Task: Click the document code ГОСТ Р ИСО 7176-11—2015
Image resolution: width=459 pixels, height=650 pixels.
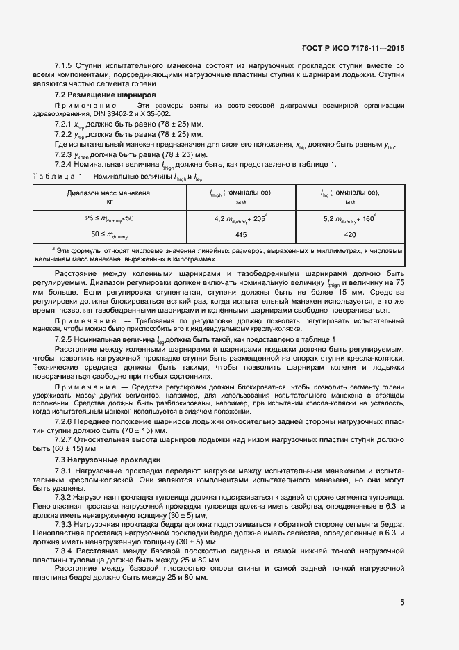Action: point(353,48)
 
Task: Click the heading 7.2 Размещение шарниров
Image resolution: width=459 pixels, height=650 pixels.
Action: point(105,95)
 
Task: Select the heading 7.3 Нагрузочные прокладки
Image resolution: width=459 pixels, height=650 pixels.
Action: point(108,460)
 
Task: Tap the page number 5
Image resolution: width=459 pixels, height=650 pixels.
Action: point(402,602)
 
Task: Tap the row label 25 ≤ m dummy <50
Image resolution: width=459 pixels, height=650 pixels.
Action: point(110,218)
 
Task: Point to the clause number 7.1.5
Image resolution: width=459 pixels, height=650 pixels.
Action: point(65,65)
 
